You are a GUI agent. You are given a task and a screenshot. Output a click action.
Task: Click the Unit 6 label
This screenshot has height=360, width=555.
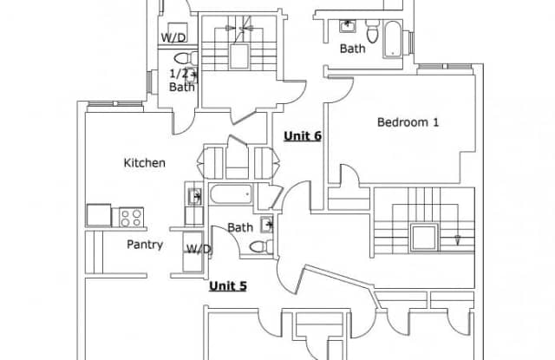coord(303,136)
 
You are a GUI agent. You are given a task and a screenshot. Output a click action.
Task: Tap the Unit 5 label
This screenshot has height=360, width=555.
coord(227,285)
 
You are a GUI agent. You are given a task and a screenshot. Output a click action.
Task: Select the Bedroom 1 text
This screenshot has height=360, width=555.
coord(408,122)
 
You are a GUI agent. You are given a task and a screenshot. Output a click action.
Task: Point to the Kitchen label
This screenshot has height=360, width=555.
coord(145,163)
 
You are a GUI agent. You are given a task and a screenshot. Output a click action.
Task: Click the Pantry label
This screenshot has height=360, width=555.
coord(145,245)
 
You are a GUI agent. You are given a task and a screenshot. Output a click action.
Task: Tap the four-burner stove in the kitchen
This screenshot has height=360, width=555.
coord(131,217)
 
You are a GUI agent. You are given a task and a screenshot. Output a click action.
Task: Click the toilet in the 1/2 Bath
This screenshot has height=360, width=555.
coord(186,58)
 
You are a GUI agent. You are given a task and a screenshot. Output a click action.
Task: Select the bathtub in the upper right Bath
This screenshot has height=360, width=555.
coord(393,39)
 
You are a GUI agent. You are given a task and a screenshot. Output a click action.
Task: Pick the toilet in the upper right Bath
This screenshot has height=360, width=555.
coord(372,31)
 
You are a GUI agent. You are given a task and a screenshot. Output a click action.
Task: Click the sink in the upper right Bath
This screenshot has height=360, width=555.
coord(348,26)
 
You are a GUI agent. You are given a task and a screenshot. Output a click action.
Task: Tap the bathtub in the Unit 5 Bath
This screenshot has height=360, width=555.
coord(232,194)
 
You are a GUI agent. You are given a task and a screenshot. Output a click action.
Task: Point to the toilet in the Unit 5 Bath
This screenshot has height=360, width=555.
coord(261,246)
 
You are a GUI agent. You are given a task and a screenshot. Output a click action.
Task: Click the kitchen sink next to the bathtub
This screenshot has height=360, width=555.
coord(194,196)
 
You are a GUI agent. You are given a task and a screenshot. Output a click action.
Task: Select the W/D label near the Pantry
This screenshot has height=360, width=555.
coord(199,249)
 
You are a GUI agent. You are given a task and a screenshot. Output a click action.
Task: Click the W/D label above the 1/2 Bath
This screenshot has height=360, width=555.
coord(173,37)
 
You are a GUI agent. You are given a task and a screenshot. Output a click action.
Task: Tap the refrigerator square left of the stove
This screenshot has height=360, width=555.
coord(99,215)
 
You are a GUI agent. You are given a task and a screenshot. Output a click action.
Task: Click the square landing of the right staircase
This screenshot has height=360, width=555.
coord(424,238)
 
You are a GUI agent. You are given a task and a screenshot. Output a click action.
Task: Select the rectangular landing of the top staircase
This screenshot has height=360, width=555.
coord(239,56)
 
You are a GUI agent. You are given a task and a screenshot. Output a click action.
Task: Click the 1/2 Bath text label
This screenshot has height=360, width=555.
coord(182,81)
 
